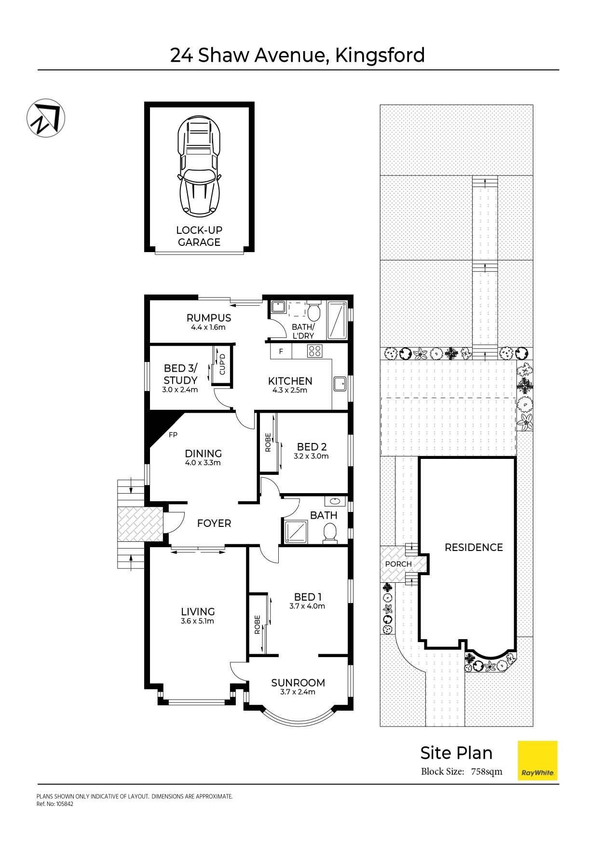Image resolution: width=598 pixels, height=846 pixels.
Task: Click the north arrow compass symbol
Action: (x=45, y=118)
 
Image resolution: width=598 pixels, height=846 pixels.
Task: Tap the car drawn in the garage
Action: (x=199, y=166)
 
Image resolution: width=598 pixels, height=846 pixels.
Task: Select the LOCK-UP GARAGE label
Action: (x=199, y=236)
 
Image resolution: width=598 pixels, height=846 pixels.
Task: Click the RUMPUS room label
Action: (x=209, y=318)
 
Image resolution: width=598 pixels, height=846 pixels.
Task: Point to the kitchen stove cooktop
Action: (x=315, y=351)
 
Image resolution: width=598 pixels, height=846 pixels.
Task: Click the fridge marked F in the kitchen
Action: (x=281, y=351)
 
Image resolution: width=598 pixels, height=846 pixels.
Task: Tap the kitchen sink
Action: (x=340, y=384)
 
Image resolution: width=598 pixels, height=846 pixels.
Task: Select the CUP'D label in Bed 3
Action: (x=222, y=364)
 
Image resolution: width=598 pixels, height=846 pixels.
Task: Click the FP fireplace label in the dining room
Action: (x=173, y=435)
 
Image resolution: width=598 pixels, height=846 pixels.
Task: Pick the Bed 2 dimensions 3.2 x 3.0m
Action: (x=311, y=456)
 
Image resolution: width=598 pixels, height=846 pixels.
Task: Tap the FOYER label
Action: (x=214, y=523)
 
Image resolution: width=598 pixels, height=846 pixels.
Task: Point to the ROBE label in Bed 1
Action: (x=257, y=625)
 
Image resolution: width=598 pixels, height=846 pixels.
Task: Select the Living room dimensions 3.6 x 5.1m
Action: (x=197, y=621)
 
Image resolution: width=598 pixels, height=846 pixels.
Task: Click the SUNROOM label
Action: (x=298, y=683)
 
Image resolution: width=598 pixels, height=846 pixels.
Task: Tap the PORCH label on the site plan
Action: (x=398, y=564)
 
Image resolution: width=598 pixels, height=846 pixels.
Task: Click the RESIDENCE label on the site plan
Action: (x=474, y=547)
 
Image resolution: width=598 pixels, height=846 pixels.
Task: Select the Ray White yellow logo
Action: (x=537, y=760)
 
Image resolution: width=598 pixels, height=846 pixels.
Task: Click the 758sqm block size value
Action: (x=487, y=771)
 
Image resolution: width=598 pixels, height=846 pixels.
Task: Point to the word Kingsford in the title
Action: (x=380, y=55)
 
